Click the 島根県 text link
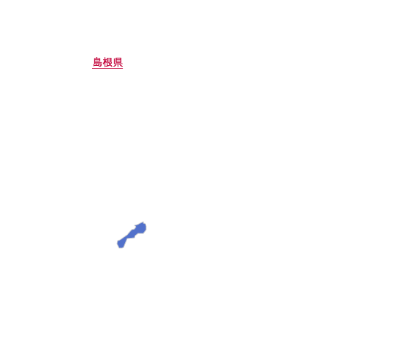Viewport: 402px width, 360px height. tap(107, 62)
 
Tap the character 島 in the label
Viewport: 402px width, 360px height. tap(97, 62)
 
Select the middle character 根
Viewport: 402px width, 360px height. tap(107, 62)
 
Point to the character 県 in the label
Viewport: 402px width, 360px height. tap(118, 62)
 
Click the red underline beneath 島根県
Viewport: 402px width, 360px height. tap(107, 68)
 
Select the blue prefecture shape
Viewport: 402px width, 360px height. tap(132, 235)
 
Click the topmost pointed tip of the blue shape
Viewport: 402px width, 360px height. tap(143, 222)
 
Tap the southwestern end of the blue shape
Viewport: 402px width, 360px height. tap(121, 244)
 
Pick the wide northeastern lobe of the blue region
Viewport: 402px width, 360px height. tap(141, 228)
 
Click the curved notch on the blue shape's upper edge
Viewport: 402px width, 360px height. tap(135, 226)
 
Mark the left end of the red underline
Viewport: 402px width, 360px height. tap(93, 68)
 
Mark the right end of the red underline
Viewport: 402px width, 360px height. tap(123, 68)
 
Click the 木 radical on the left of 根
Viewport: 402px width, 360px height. tap(105, 62)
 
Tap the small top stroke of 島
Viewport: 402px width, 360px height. tap(97, 58)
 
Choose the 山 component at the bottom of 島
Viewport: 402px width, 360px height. tap(96, 65)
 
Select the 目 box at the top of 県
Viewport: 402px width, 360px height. tap(118, 60)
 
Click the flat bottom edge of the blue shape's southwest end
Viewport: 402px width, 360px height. tap(121, 248)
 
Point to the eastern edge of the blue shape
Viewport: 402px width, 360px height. tap(146, 228)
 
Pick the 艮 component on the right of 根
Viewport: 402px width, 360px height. tap(110, 62)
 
